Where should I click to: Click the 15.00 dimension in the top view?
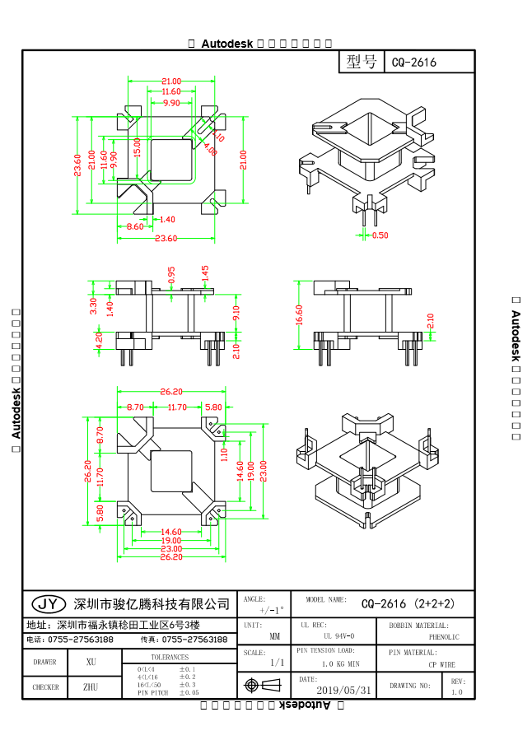(138, 147)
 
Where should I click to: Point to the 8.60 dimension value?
(135, 226)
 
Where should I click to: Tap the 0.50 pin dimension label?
(380, 235)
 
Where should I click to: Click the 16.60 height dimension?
(299, 314)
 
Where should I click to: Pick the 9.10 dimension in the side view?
(236, 313)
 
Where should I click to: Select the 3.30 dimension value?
(93, 306)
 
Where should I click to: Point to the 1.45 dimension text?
(205, 272)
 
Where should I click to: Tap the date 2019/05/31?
(343, 690)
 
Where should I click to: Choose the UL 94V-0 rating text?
(338, 636)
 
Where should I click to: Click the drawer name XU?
(91, 661)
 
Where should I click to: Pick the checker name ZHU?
(91, 686)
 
